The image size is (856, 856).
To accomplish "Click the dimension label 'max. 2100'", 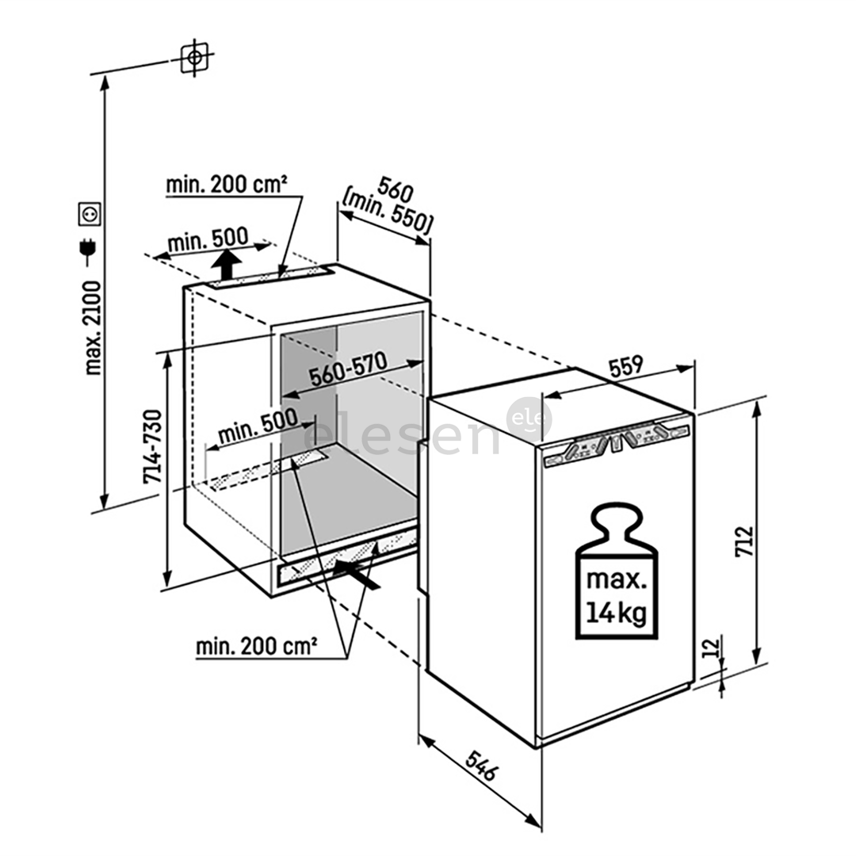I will (94, 327).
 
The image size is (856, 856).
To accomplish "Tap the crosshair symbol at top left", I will (194, 57).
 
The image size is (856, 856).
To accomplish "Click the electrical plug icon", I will (88, 250).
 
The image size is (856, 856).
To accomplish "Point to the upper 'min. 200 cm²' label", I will (226, 185).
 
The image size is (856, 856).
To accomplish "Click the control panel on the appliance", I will (615, 445).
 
